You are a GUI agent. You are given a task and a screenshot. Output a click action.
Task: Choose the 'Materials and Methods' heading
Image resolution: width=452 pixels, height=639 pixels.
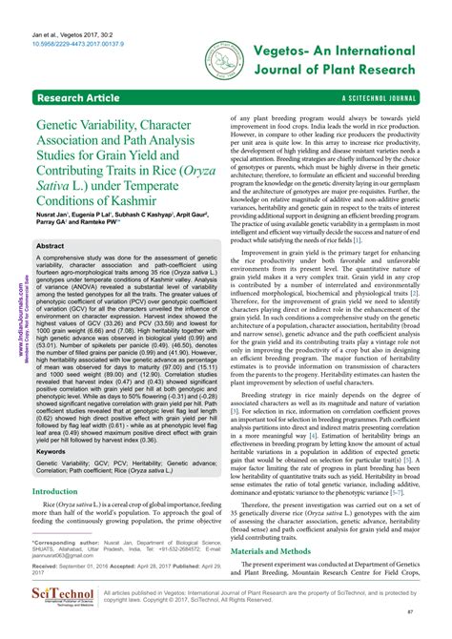282,550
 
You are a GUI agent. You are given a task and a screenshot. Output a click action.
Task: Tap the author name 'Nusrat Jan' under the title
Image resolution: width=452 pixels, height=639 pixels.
58,216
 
